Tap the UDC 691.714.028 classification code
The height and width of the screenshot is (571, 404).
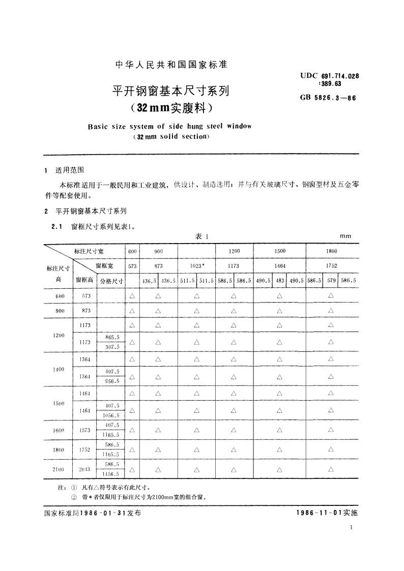(x=330, y=75)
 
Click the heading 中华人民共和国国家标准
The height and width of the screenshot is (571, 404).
(x=171, y=65)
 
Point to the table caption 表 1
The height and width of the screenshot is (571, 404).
(x=202, y=236)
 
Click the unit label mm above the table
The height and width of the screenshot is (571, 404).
(x=346, y=236)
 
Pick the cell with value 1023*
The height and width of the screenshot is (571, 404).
(x=197, y=265)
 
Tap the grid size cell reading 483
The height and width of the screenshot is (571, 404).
(x=280, y=280)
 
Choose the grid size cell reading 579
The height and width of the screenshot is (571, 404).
(x=331, y=280)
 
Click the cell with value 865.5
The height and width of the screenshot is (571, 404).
(x=112, y=337)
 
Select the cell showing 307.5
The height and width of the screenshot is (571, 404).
(x=112, y=347)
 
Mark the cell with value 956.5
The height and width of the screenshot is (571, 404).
(x=112, y=381)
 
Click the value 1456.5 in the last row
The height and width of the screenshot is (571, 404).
(x=111, y=474)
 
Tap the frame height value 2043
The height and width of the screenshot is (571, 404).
(x=84, y=469)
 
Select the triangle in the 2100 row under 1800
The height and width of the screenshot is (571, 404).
(x=331, y=469)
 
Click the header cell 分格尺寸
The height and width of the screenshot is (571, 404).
(x=111, y=280)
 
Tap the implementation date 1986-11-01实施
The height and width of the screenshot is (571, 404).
(x=327, y=513)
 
